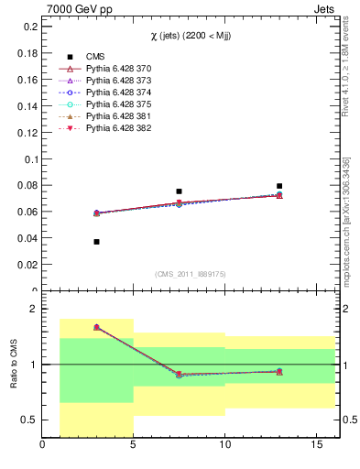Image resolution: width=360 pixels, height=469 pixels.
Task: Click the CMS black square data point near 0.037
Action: [97, 242]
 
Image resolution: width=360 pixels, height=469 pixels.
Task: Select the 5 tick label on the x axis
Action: [134, 447]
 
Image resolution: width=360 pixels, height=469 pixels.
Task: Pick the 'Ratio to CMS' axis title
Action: [13, 365]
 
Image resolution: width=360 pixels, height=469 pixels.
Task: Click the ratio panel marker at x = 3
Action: [97, 327]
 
